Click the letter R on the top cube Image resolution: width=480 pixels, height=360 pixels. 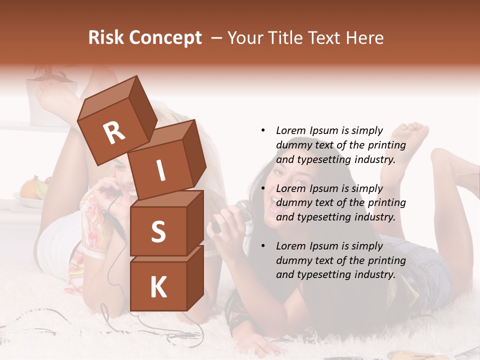tap(114, 132)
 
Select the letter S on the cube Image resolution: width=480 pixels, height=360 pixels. tap(158, 231)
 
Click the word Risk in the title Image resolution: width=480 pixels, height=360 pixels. tap(106, 37)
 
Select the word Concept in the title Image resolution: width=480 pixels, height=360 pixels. tap(165, 37)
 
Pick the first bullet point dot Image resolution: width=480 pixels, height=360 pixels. tap(263, 130)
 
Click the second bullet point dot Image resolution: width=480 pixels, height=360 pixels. tap(263, 188)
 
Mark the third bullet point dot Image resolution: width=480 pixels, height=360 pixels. tap(263, 246)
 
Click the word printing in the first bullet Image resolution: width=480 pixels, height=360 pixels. tap(386, 145)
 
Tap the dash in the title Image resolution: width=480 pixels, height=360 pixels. tap(217, 37)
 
